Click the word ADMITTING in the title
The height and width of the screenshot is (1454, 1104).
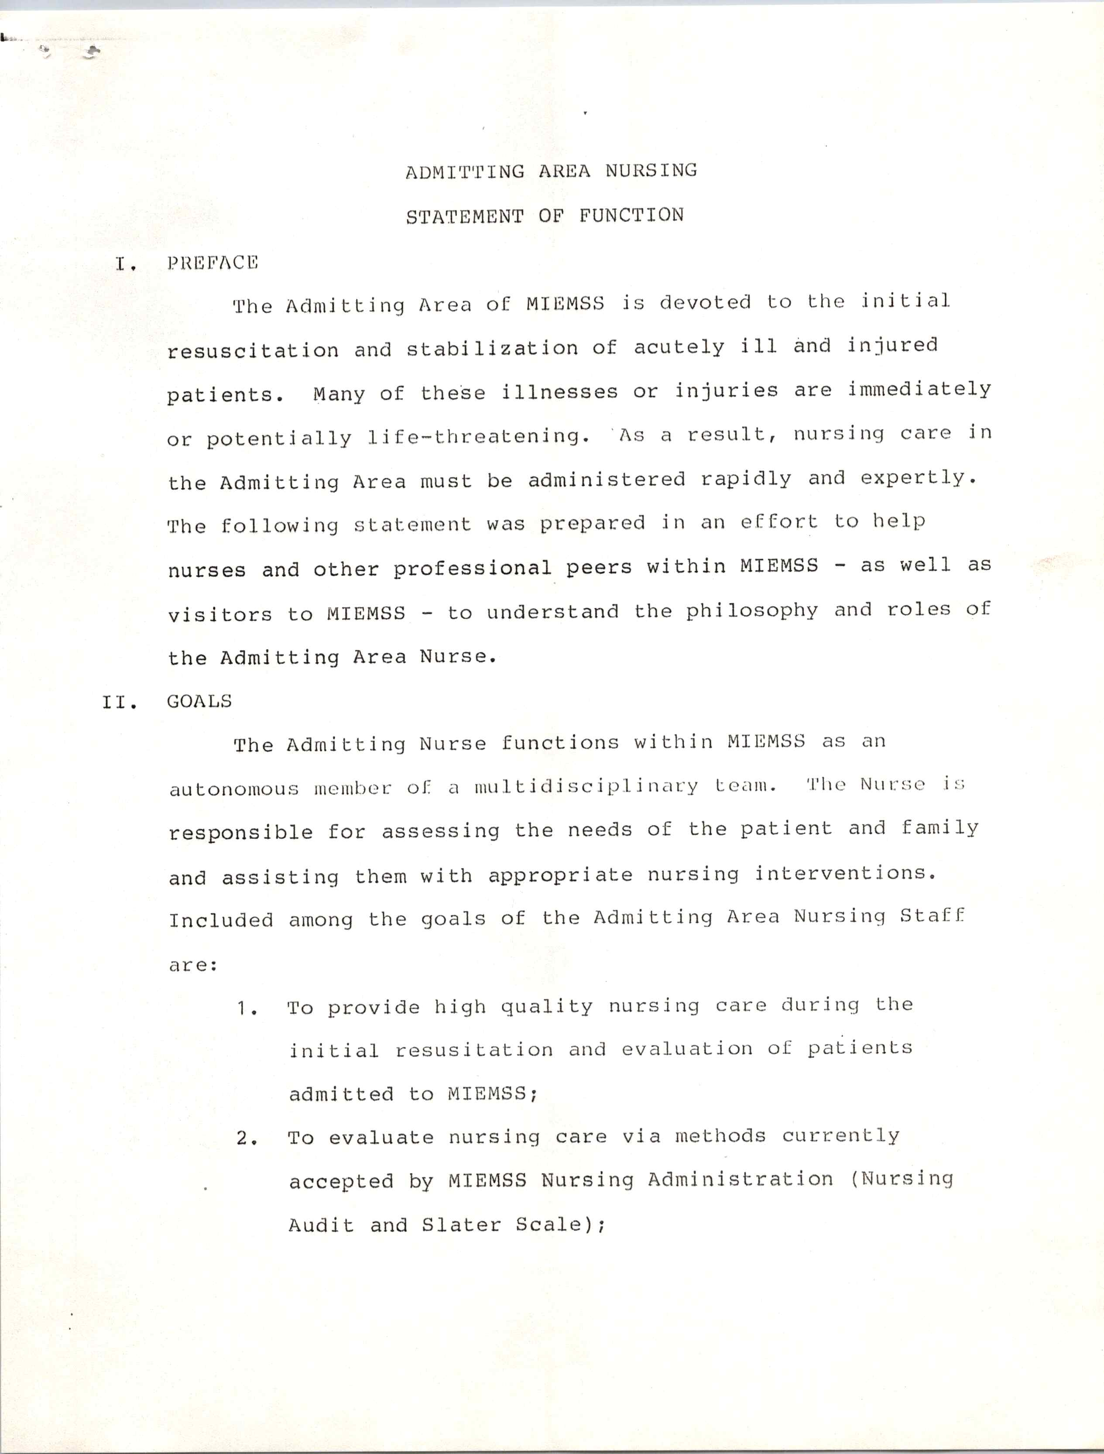(465, 172)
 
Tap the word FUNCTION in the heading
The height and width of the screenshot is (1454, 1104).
(631, 216)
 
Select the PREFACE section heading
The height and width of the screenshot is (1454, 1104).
(212, 263)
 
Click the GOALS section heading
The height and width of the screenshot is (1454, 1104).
(199, 701)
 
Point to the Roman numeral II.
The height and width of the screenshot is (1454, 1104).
(119, 703)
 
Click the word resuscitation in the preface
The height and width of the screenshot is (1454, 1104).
(253, 350)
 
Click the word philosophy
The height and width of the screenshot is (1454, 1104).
(752, 611)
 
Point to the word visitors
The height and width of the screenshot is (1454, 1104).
(219, 614)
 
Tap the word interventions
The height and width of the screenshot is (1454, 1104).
(844, 874)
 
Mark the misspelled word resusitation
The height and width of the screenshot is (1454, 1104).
(474, 1050)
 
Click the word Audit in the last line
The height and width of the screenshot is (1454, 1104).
(321, 1226)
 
